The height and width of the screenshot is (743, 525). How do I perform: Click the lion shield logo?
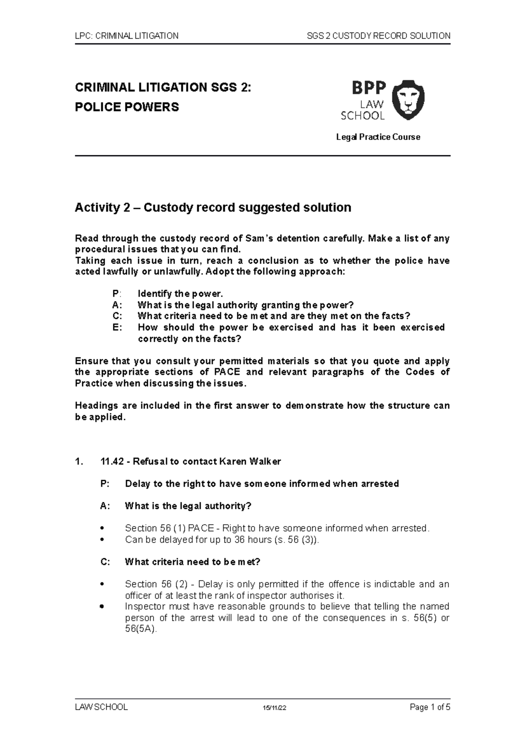click(x=407, y=100)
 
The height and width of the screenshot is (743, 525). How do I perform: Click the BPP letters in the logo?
click(x=369, y=88)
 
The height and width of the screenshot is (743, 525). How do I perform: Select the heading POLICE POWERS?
click(x=127, y=107)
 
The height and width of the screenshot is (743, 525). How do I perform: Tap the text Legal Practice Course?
click(x=378, y=137)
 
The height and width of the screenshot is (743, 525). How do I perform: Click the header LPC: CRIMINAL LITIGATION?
click(x=126, y=36)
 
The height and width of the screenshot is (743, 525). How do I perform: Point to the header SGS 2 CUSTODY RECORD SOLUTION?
click(x=378, y=36)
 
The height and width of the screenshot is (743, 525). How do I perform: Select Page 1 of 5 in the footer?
click(x=430, y=707)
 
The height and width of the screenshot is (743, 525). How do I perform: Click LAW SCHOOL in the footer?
click(x=101, y=707)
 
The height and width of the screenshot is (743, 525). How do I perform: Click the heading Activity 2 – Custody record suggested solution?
click(x=213, y=207)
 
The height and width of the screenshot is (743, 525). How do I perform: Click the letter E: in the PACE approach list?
click(x=117, y=327)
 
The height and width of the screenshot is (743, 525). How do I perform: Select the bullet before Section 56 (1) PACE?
click(x=102, y=529)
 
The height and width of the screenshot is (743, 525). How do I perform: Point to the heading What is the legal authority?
click(x=188, y=506)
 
